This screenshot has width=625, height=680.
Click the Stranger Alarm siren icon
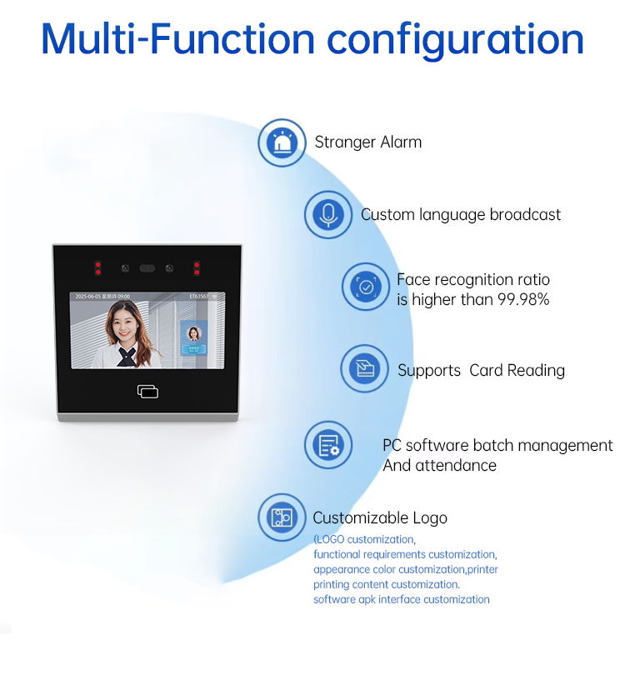(x=282, y=142)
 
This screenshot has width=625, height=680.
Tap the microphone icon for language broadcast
(x=328, y=215)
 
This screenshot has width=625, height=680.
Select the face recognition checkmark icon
(x=366, y=287)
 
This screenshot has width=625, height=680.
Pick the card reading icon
(x=365, y=368)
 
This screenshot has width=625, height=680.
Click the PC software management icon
(x=328, y=445)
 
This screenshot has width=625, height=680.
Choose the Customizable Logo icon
(x=282, y=517)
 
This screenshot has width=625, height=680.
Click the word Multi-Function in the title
(x=177, y=39)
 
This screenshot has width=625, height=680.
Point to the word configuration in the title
(x=455, y=41)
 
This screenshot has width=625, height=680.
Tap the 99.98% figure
(x=523, y=299)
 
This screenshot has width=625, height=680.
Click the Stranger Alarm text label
(x=368, y=142)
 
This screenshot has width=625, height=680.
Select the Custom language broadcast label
(x=461, y=215)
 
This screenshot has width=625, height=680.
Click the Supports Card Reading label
(x=481, y=370)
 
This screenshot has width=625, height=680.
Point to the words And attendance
(x=439, y=465)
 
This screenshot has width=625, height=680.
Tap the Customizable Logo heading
(x=380, y=517)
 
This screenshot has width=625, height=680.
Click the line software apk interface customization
(x=402, y=599)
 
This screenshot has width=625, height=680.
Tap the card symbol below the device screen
(x=147, y=391)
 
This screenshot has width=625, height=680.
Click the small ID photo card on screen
(x=194, y=337)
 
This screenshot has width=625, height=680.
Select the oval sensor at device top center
(x=147, y=268)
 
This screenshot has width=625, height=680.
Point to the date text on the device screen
(x=102, y=297)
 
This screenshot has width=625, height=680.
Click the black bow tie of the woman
(x=126, y=355)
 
